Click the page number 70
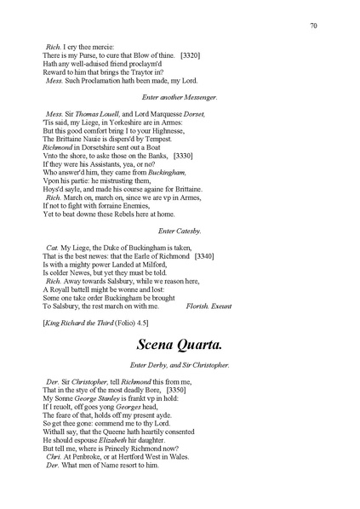coord(314,26)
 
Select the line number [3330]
coord(183,156)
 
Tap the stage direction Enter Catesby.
coord(180,231)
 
